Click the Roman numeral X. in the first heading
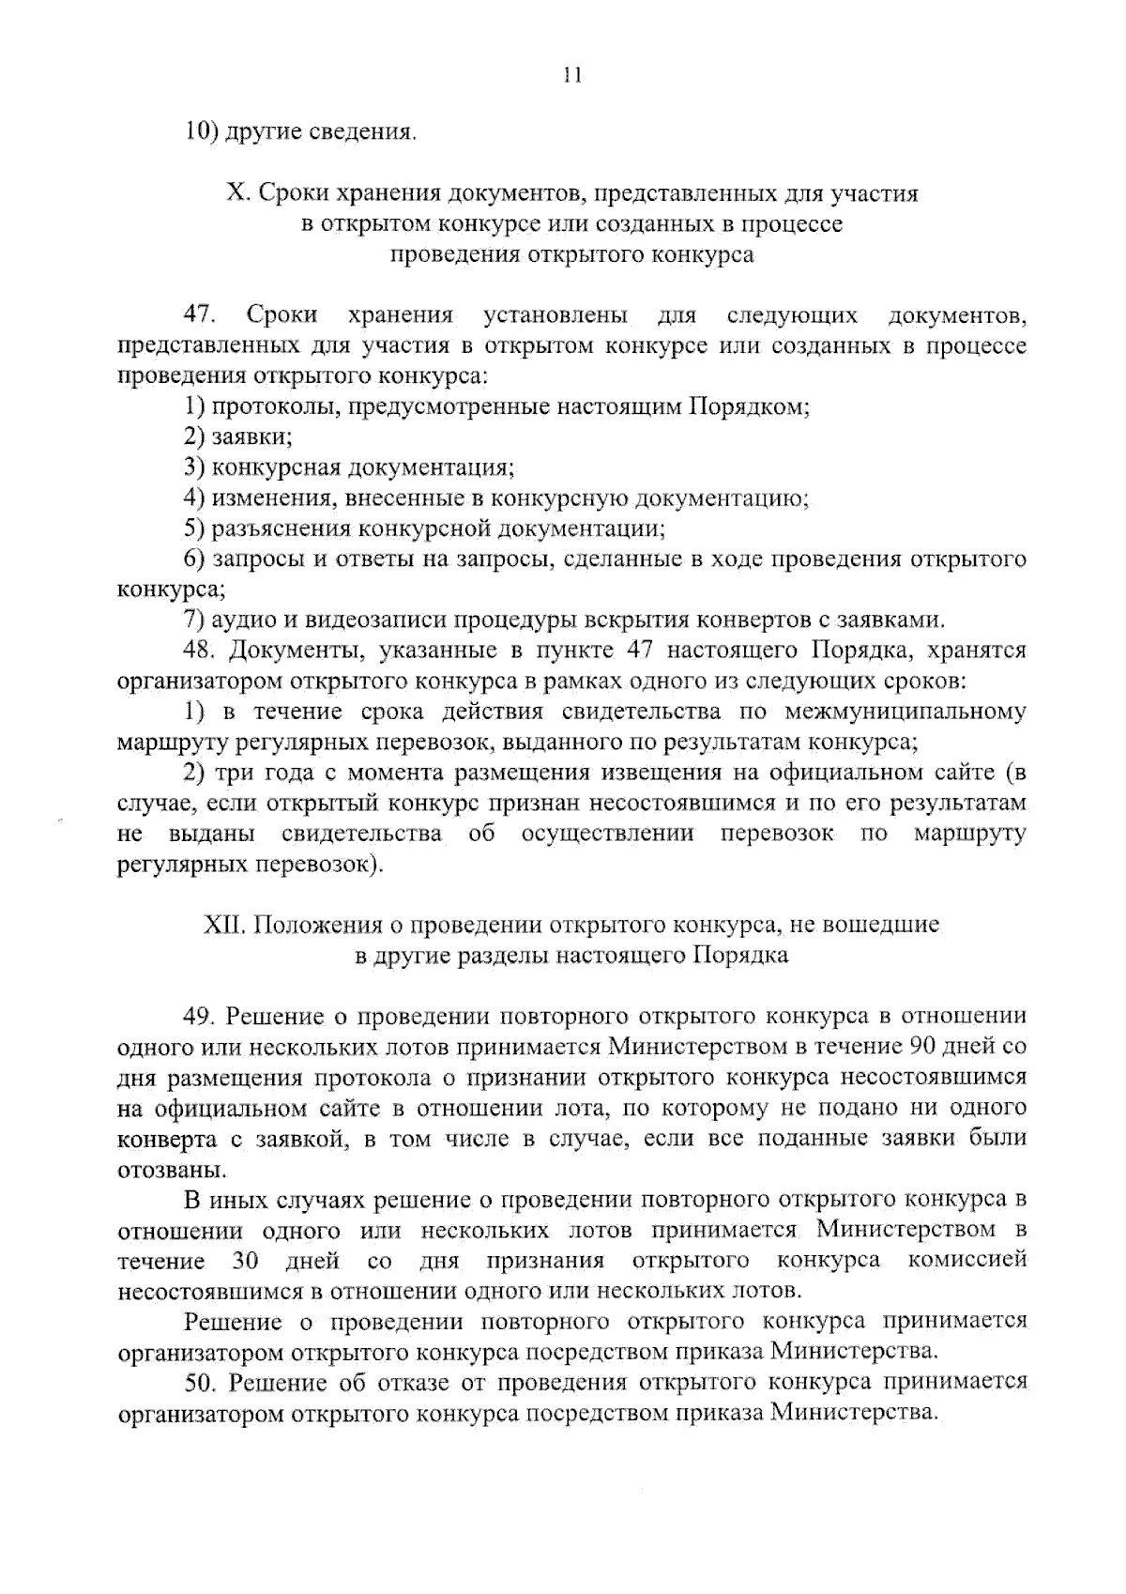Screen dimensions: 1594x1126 pos(236,194)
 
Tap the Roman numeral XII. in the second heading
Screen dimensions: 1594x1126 pos(224,925)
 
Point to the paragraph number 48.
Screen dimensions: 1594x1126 pos(203,650)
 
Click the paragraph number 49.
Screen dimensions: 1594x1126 pos(203,1016)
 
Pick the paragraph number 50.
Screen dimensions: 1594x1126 pos(203,1382)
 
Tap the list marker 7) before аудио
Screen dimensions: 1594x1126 pos(194,620)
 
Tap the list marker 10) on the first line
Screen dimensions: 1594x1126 pos(201,131)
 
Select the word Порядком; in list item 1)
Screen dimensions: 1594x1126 pos(752,406)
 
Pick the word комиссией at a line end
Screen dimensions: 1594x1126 pos(967,1260)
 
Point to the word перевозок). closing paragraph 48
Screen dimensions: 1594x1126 pos(318,865)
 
